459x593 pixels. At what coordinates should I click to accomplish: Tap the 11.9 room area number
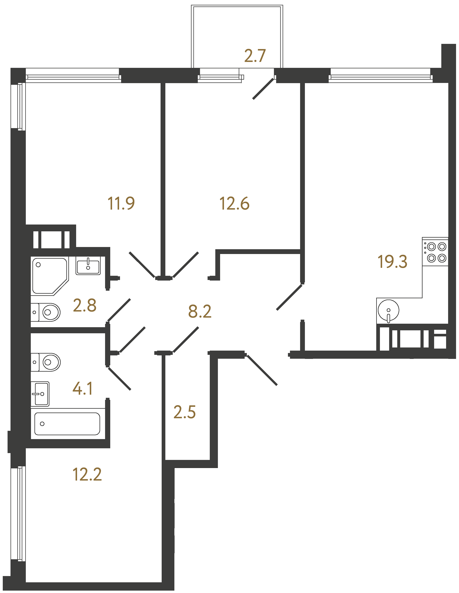coord(121,204)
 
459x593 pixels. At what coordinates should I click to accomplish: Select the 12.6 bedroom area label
coord(234,204)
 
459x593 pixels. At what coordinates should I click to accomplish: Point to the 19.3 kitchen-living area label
coord(392,262)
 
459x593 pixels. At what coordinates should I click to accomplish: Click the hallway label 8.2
coord(200,312)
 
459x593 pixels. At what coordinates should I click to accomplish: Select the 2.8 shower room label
coord(84,305)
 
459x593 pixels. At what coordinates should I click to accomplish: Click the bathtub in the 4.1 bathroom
coord(67,424)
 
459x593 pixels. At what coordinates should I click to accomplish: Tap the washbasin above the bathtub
coord(40,394)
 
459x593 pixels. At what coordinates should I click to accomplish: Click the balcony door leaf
coord(263,89)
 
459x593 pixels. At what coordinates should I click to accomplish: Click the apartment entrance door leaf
coord(262,370)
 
